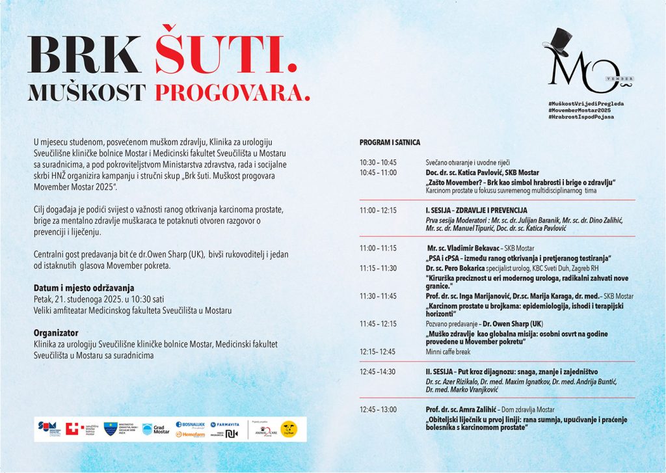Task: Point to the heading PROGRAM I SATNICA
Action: click(x=390, y=142)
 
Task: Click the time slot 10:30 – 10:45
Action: click(x=378, y=162)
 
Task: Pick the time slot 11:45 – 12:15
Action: click(x=378, y=323)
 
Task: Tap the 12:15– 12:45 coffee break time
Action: click(x=378, y=351)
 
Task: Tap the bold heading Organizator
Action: click(x=55, y=332)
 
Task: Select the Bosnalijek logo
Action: click(x=191, y=424)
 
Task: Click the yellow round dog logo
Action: click(x=289, y=429)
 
